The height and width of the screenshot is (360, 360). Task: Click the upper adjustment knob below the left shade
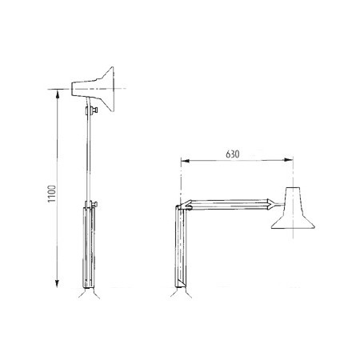pyautogui.click(x=94, y=110)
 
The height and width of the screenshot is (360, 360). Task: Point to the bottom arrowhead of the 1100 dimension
pyautogui.click(x=58, y=283)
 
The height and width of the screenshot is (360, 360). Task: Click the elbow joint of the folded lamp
pyautogui.click(x=184, y=206)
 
